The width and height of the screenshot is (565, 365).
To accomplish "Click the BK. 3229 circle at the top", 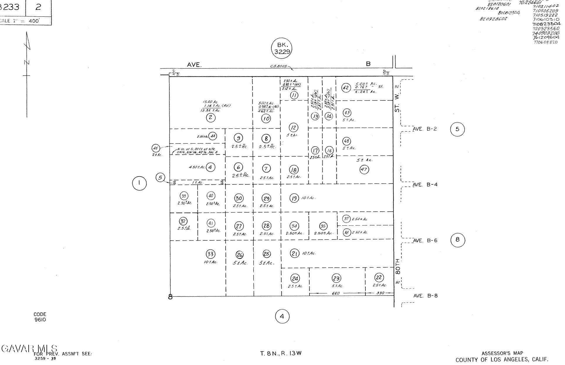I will (282, 48).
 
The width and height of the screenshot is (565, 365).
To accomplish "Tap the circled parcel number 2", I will (210, 118).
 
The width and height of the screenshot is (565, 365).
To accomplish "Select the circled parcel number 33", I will (210, 254).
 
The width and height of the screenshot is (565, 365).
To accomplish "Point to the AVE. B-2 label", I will (425, 129).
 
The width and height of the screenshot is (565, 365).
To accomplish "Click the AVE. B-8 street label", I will (425, 296).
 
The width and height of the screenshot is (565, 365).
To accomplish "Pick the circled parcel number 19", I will (294, 198).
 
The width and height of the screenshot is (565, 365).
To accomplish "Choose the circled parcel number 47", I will (364, 169).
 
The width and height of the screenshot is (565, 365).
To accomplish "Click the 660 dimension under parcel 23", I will (336, 293).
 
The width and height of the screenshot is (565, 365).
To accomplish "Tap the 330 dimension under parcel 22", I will (380, 293).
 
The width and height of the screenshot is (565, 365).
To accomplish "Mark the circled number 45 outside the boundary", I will (156, 148).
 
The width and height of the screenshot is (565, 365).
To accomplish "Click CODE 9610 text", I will (40, 317).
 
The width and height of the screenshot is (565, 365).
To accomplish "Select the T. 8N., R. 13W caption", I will (281, 353).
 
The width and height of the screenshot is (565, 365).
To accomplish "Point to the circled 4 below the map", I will (282, 316).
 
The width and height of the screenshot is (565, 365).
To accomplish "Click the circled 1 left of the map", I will (139, 183).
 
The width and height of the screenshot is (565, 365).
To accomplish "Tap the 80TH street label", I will (397, 266).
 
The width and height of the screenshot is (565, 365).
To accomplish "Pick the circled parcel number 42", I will (346, 88).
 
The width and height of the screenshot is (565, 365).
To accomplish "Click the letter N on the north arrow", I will (26, 62).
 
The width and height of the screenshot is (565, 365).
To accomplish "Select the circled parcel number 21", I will (295, 253).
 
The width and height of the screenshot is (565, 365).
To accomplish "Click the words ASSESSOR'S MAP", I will (502, 353).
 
